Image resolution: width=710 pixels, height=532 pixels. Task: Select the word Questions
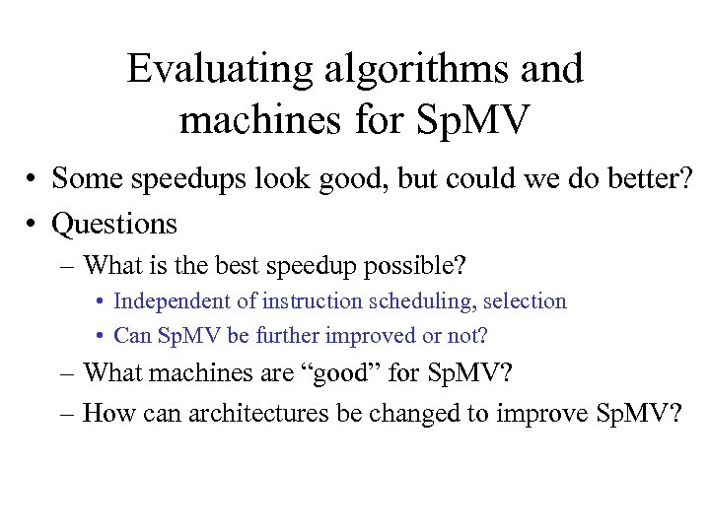pos(114,224)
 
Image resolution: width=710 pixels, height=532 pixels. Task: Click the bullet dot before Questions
pos(33,225)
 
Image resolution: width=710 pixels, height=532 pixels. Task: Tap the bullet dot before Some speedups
pos(33,179)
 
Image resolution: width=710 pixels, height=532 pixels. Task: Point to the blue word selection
pos(525,301)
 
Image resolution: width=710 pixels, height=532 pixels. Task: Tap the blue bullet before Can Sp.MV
pos(102,336)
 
